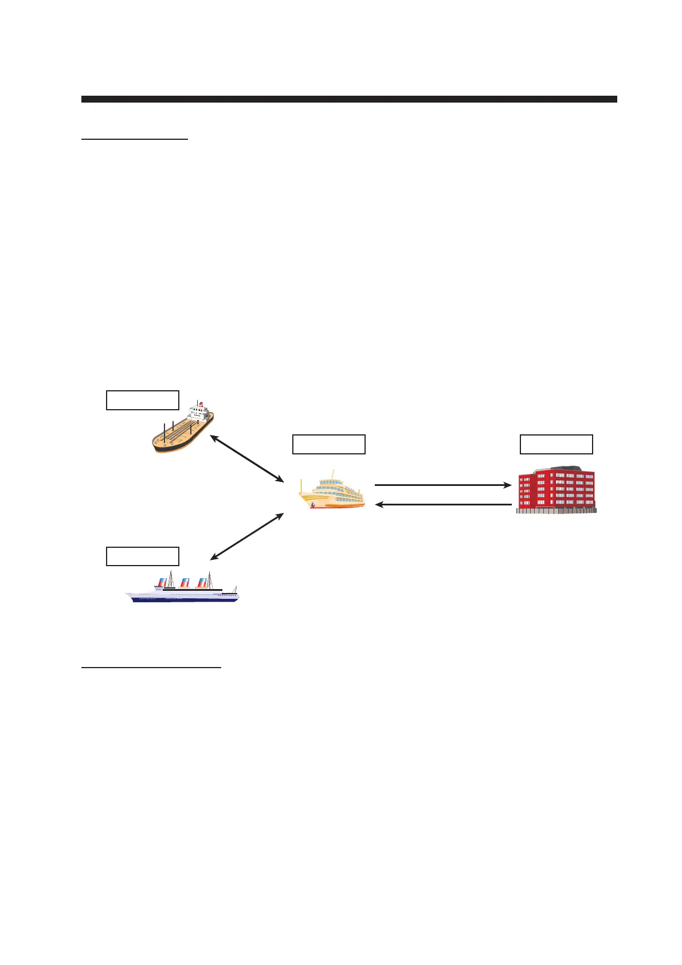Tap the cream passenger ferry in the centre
coord(332,494)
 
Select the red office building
coord(556,491)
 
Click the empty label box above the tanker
coord(143,400)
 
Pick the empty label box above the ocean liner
coord(143,556)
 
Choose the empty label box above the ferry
coord(329,444)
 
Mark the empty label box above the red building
coord(556,444)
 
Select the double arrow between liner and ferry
coord(248,536)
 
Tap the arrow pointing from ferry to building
coord(442,485)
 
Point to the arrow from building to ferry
coord(442,505)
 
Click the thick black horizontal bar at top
coord(349,99)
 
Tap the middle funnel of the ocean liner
coord(185,582)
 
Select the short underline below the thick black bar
coord(135,139)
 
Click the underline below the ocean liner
coord(151,667)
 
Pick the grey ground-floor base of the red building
coord(556,509)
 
